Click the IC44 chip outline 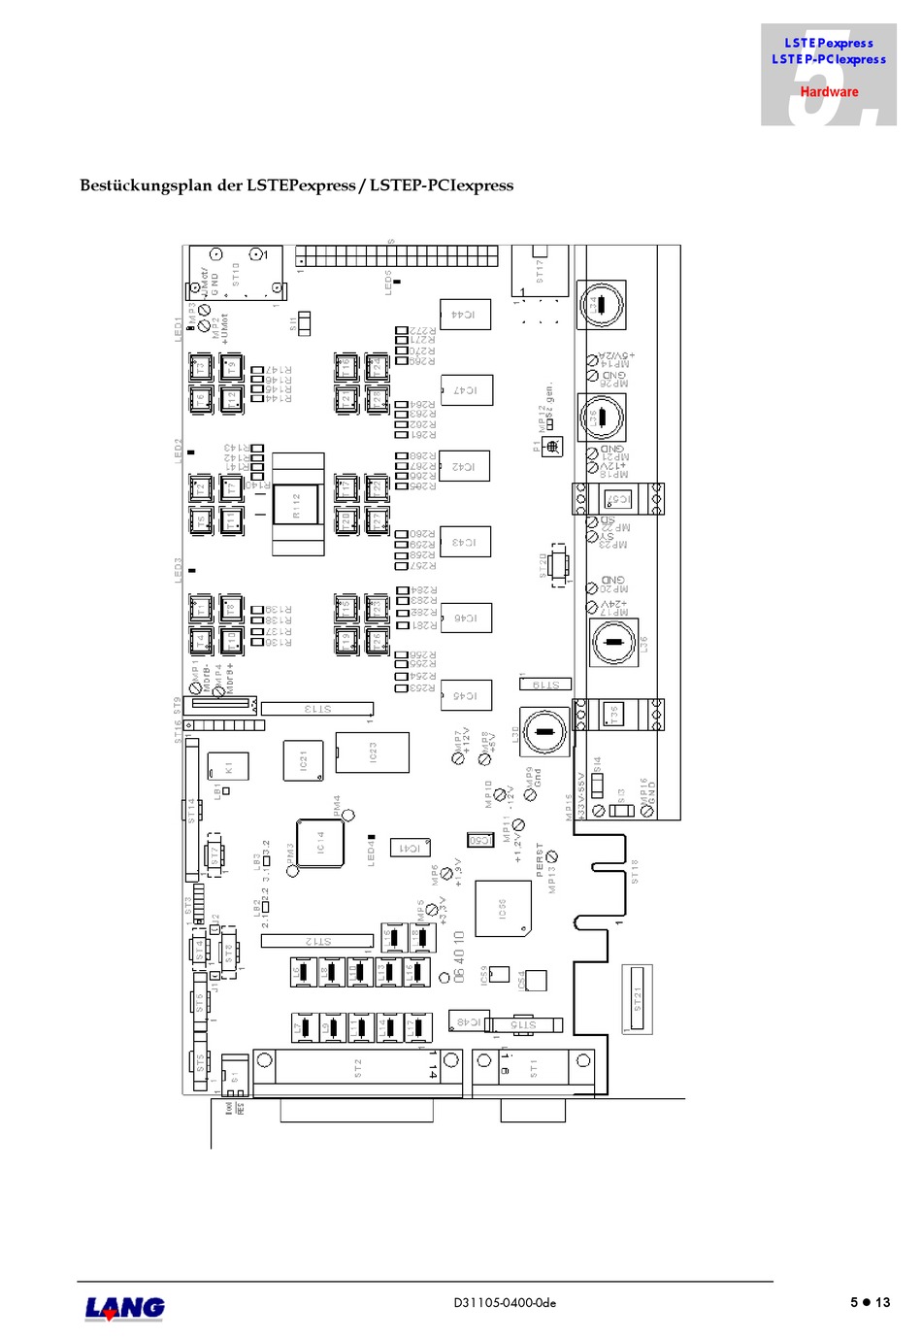(x=465, y=315)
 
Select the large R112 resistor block (x=297, y=506)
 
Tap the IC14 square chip (x=319, y=843)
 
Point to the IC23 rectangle (x=372, y=753)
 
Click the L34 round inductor (x=602, y=305)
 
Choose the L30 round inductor (x=544, y=732)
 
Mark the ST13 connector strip (x=317, y=709)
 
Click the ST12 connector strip (x=317, y=940)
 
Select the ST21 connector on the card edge (x=638, y=998)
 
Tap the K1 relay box (x=229, y=766)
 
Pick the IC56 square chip (x=503, y=909)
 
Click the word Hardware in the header (x=829, y=92)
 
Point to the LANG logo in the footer (x=125, y=1308)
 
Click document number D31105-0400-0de (x=505, y=1303)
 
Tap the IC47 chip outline (x=466, y=390)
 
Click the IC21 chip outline (x=303, y=760)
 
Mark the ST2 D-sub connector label (x=357, y=1068)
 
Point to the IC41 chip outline (x=411, y=848)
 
